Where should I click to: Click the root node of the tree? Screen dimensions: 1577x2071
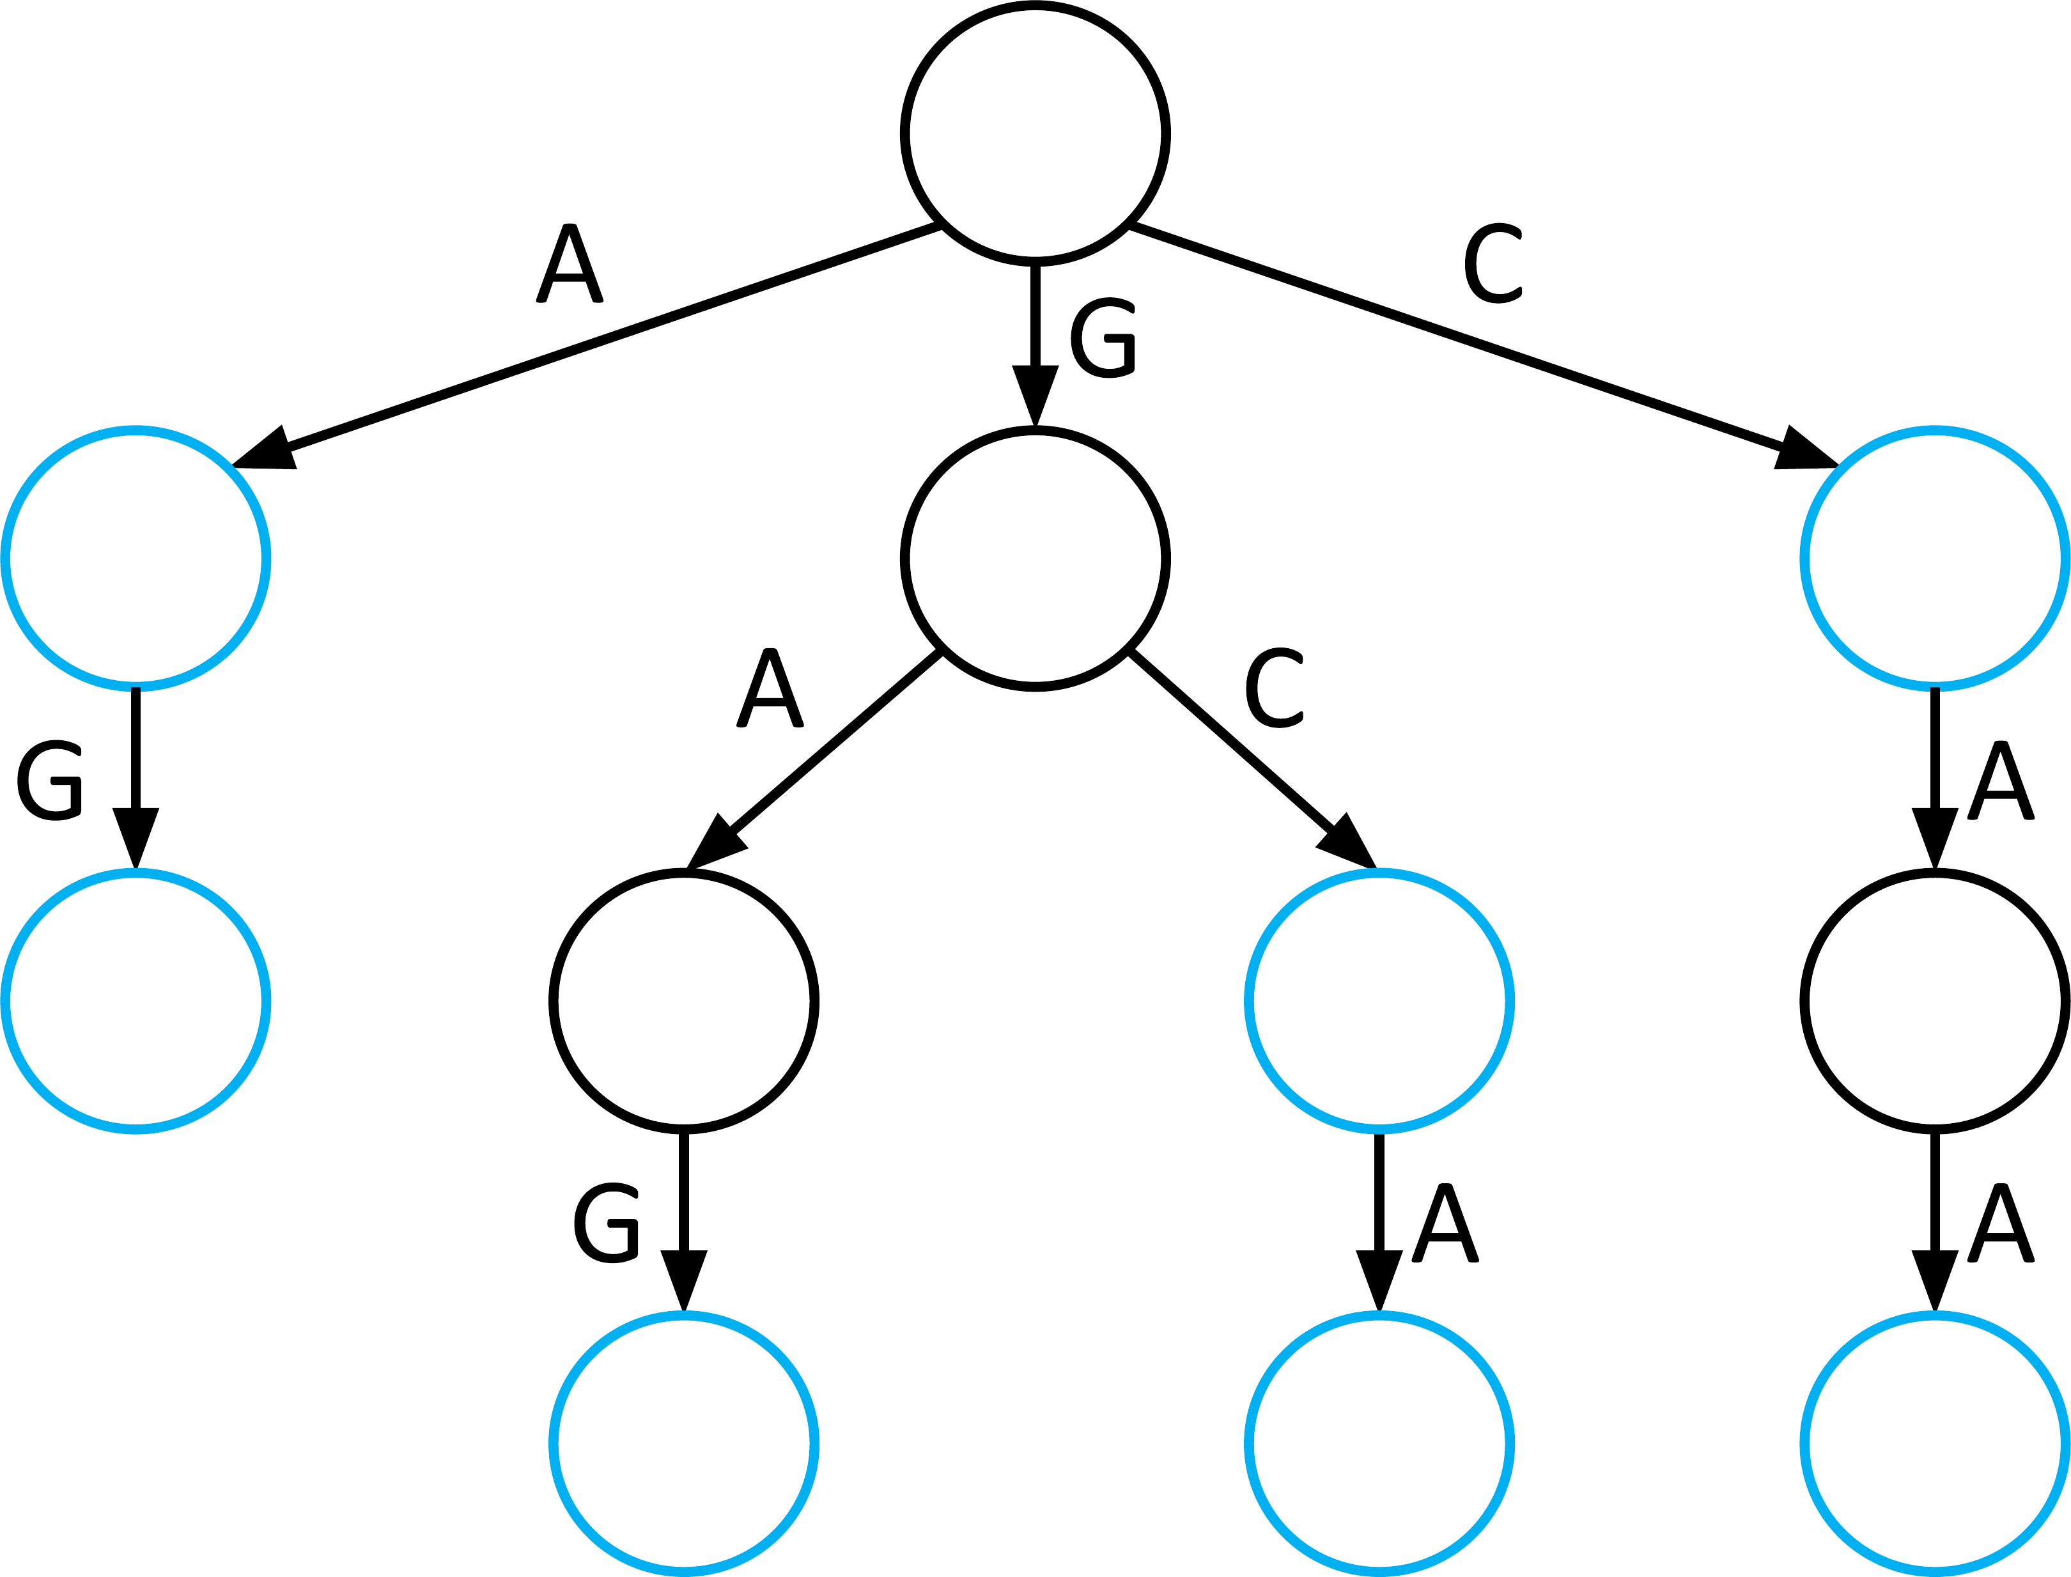[x=1035, y=134]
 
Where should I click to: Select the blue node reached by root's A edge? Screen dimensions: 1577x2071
[x=136, y=559]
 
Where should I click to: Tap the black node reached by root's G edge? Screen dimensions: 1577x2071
[x=1035, y=559]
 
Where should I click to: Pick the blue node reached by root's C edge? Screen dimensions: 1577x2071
[x=1935, y=559]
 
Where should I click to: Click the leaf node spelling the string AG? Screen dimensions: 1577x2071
[x=136, y=1002]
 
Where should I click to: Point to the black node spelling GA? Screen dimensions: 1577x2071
[x=684, y=1002]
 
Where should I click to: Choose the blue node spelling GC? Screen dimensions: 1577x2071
[x=1379, y=1002]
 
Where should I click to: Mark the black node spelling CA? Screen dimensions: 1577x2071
[x=1935, y=1002]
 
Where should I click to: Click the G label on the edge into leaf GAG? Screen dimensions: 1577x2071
[x=606, y=1223]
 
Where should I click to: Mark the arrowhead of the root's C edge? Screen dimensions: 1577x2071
[x=1804, y=451]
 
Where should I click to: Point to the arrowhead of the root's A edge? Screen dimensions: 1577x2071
[x=267, y=451]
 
